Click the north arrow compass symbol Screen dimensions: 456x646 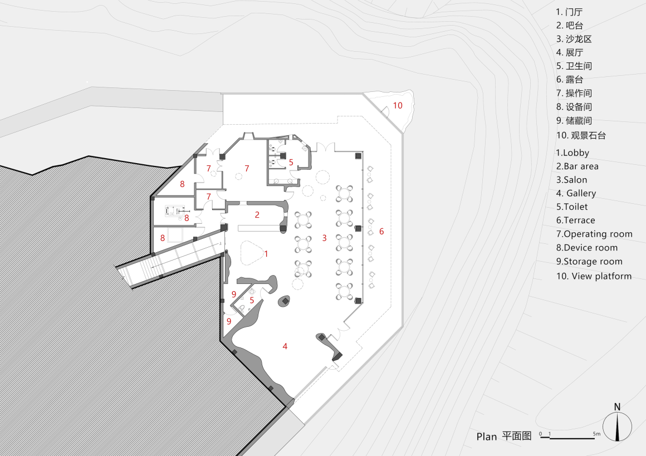coord(618,427)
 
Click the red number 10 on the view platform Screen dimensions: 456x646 coord(398,105)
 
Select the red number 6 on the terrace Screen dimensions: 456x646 coord(381,231)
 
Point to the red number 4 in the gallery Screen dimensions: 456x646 coord(285,346)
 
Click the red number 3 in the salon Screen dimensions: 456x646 coord(325,238)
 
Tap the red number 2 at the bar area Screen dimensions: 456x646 coord(257,214)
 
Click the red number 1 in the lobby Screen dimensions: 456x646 coord(266,254)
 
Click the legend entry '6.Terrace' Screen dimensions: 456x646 coord(576,220)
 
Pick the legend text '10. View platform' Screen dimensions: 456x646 coord(594,276)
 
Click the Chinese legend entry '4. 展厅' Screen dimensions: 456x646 coord(569,52)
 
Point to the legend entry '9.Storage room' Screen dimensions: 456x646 coord(589,261)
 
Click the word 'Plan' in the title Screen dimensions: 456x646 coord(487,437)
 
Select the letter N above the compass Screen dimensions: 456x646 coord(618,407)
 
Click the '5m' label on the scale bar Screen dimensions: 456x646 coord(596,433)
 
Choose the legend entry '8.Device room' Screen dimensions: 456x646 coord(587,248)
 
